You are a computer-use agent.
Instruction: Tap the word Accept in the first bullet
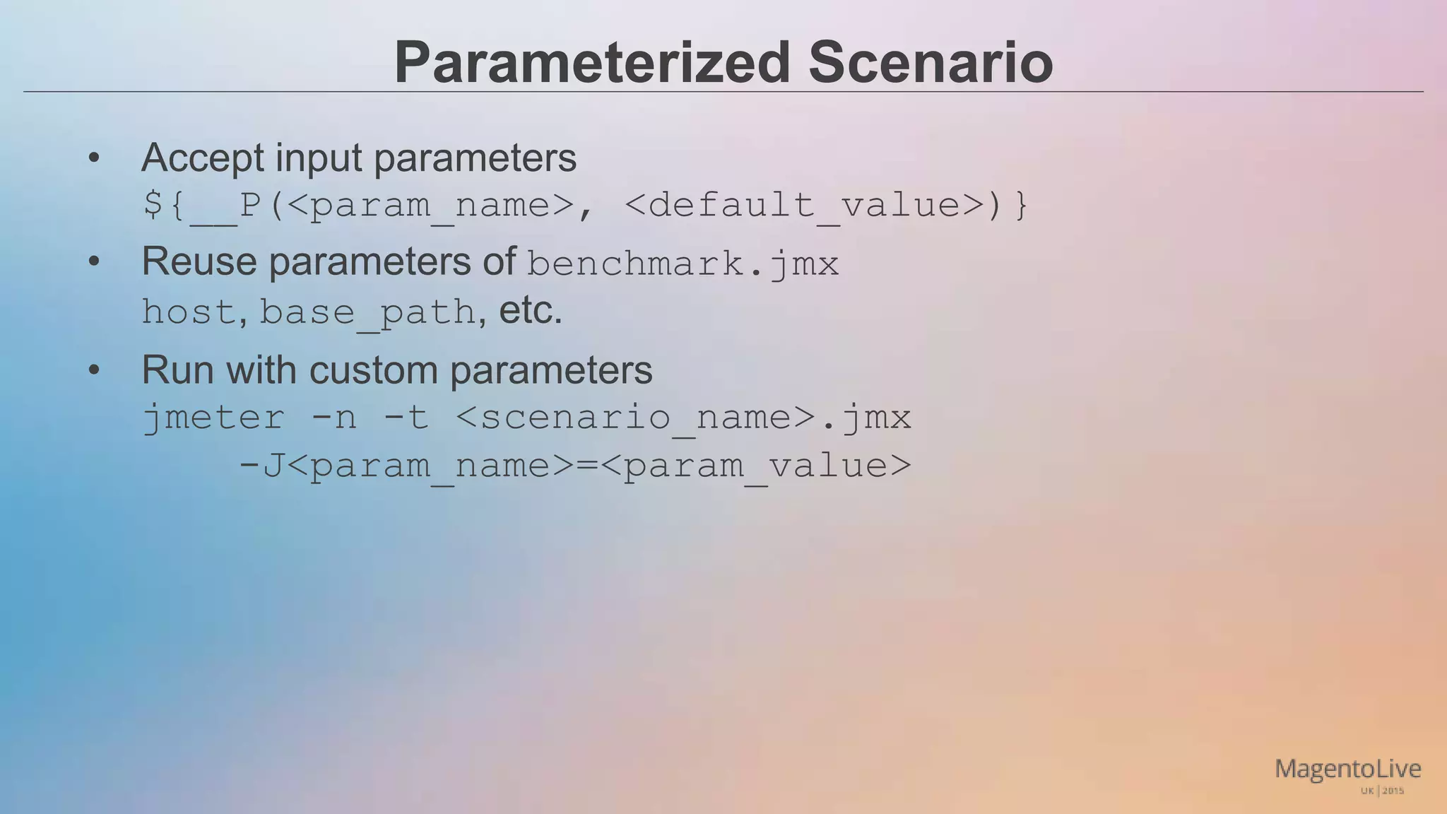pos(203,158)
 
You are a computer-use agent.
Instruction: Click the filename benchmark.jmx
pos(683,265)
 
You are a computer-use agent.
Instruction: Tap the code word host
pos(189,312)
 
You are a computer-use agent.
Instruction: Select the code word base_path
pos(367,313)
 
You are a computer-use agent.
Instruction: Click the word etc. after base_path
pos(531,311)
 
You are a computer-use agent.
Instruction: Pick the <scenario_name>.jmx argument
pos(683,418)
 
